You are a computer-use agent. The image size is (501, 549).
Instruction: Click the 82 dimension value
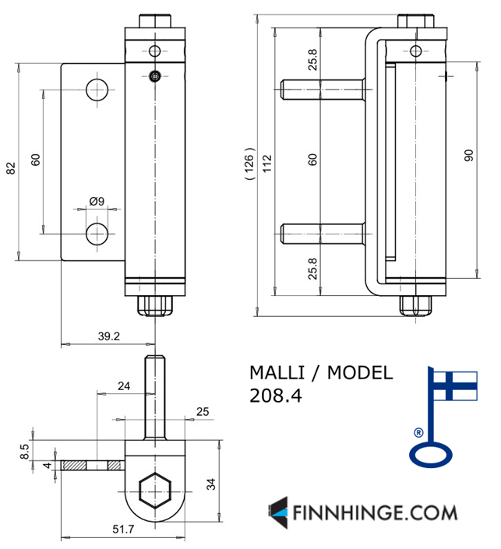[x=10, y=167]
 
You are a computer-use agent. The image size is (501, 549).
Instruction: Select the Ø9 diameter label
[x=97, y=201]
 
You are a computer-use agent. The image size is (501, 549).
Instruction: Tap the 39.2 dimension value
[x=109, y=336]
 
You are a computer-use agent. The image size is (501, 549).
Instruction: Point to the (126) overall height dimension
[x=249, y=164]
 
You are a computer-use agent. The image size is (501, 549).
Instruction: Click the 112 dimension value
[x=267, y=164]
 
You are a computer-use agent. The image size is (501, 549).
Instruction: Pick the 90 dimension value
[x=468, y=155]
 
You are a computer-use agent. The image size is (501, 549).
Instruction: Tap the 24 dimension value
[x=123, y=385]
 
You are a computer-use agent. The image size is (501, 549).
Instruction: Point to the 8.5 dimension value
[x=24, y=449]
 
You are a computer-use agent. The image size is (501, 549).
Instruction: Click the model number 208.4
[x=275, y=396]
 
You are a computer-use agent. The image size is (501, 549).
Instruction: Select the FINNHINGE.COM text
[x=374, y=513]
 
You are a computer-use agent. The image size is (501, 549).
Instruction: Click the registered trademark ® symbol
[x=418, y=432]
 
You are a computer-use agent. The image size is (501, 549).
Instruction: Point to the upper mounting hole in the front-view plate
[x=97, y=89]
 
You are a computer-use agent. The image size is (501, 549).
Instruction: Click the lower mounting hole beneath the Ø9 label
[x=97, y=233]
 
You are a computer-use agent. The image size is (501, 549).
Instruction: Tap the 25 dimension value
[x=203, y=411]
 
